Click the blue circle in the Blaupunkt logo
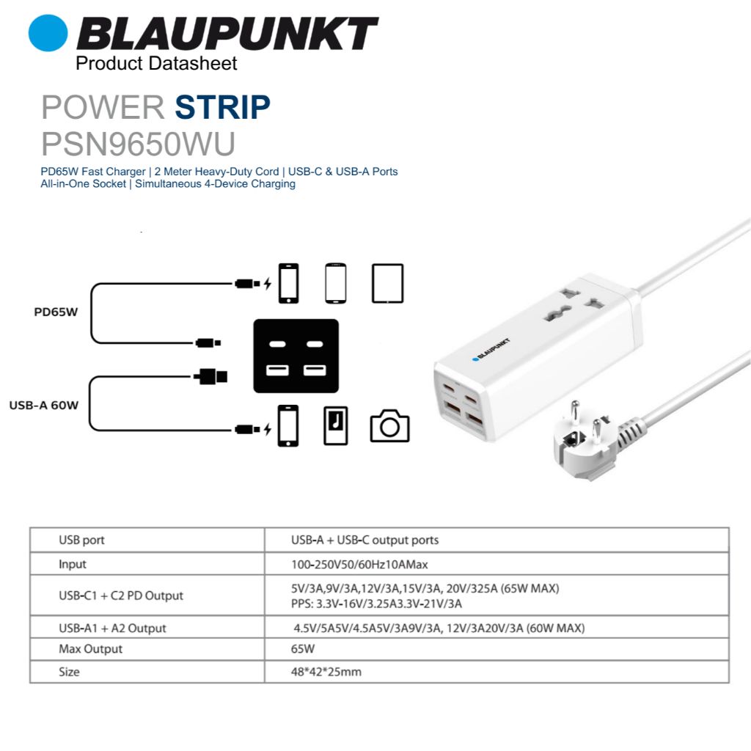[48, 33]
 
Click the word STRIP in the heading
[222, 108]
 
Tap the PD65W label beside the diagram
[56, 312]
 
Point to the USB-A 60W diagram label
[44, 405]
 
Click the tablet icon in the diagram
[387, 283]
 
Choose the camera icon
[389, 426]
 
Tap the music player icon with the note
[336, 425]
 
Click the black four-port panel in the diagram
[296, 356]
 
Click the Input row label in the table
[73, 564]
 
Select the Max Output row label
[90, 649]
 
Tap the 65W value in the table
[303, 649]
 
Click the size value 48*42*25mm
[326, 671]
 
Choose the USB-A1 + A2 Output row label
[112, 628]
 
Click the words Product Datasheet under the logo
[156, 64]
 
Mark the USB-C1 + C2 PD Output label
[121, 596]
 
